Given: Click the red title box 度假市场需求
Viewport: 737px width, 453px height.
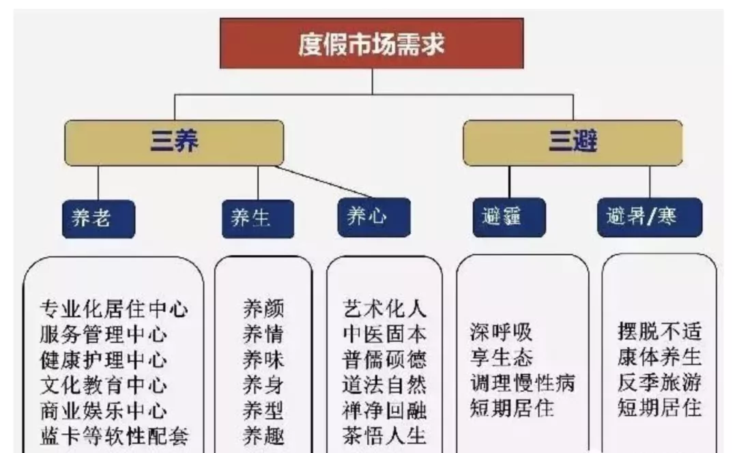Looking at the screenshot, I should [371, 43].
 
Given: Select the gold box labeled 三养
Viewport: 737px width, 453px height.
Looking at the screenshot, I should [173, 143].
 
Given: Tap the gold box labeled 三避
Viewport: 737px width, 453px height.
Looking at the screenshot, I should [572, 143].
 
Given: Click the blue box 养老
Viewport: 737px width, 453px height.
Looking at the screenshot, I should [98, 218].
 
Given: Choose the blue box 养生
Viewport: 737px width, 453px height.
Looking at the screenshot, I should [257, 218].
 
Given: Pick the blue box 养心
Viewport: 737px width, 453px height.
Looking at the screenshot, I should [373, 217].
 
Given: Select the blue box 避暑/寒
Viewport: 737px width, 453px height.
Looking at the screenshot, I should [649, 217].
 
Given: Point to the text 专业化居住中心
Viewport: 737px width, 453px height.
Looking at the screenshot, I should [113, 309].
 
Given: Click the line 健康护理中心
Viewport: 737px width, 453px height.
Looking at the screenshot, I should [103, 360].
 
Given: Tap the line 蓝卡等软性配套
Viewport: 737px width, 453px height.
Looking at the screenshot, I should [113, 436].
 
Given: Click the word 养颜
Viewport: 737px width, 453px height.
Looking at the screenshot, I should [263, 309].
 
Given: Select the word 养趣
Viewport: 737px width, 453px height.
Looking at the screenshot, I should [263, 435].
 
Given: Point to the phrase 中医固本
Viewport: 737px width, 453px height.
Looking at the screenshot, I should [384, 334].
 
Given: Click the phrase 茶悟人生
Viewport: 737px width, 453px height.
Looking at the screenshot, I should [384, 435].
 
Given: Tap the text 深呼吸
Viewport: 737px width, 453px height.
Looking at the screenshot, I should [501, 332].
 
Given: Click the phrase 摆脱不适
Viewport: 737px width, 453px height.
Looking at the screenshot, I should [659, 332].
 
